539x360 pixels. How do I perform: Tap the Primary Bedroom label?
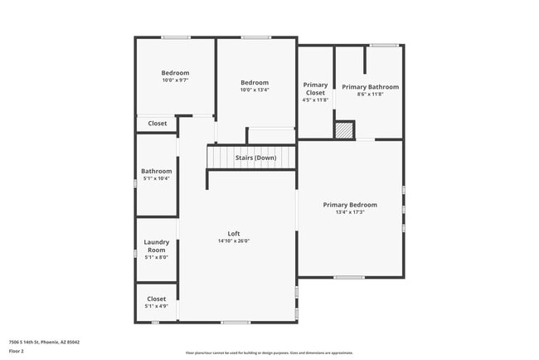pos(350,205)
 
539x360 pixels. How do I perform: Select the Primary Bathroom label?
pos(370,87)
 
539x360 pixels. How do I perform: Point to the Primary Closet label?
pos(315,89)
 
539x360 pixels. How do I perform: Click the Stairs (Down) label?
pos(255,158)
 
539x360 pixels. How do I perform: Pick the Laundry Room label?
pos(157,246)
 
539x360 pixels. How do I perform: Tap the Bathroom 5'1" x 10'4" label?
pos(157,171)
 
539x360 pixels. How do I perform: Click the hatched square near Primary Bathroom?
pos(344,130)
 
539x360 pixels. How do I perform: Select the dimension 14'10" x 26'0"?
pos(234,241)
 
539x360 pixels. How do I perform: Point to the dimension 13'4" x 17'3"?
pos(350,212)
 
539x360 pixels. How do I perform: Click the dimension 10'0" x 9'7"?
pos(175,80)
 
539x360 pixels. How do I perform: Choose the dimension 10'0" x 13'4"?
pos(255,90)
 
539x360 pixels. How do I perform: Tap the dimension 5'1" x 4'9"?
pos(157,307)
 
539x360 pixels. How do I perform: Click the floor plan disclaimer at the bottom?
pos(269,353)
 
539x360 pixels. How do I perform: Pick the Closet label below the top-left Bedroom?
pos(157,124)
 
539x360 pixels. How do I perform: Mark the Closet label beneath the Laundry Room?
pos(157,299)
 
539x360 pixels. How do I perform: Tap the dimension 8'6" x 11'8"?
pos(370,95)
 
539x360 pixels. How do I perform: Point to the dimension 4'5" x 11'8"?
pos(315,100)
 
